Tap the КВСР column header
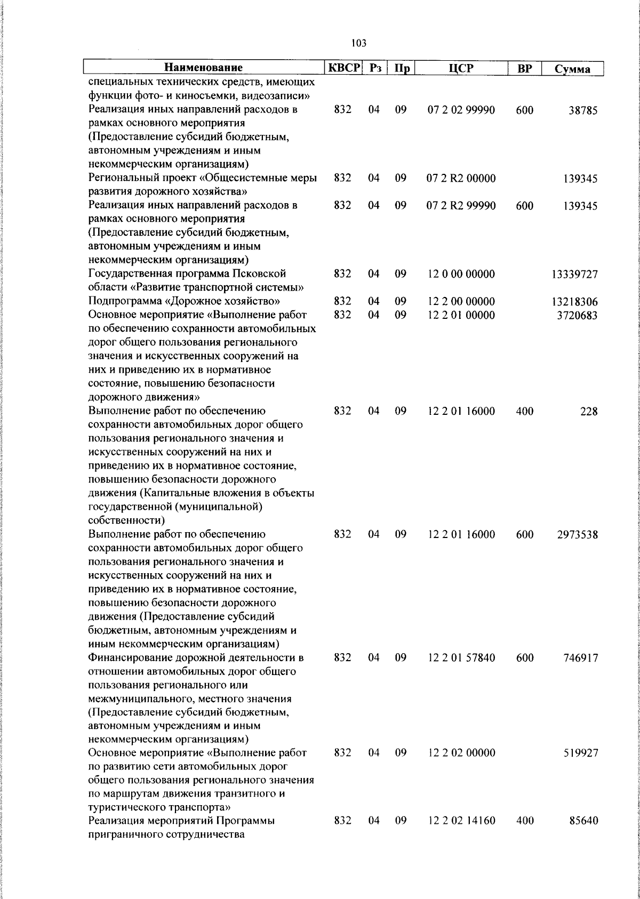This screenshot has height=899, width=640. click(x=344, y=68)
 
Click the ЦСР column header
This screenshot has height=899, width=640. click(x=461, y=68)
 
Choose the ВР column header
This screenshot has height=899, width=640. click(x=524, y=68)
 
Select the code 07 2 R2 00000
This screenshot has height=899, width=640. click(x=461, y=179)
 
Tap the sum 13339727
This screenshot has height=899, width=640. click(x=574, y=275)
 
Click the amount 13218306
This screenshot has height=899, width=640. click(x=574, y=302)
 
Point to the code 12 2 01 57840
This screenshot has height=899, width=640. click(x=461, y=658)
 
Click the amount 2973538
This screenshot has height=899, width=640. click(x=577, y=535)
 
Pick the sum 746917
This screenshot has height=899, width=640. click(x=580, y=658)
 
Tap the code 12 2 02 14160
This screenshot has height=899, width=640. click(x=461, y=836)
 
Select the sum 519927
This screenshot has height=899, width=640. click(x=580, y=753)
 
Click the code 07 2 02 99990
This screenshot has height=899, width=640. click(x=461, y=110)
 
